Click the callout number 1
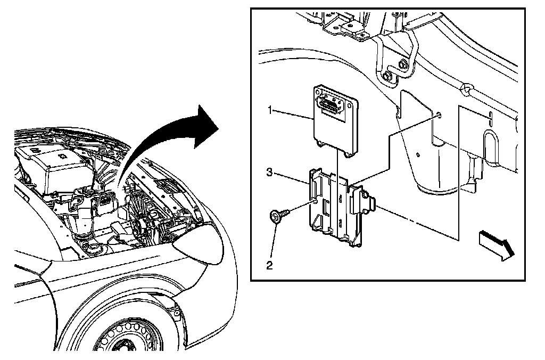point(271,110)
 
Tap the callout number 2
point(270,264)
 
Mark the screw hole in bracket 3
point(317,201)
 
